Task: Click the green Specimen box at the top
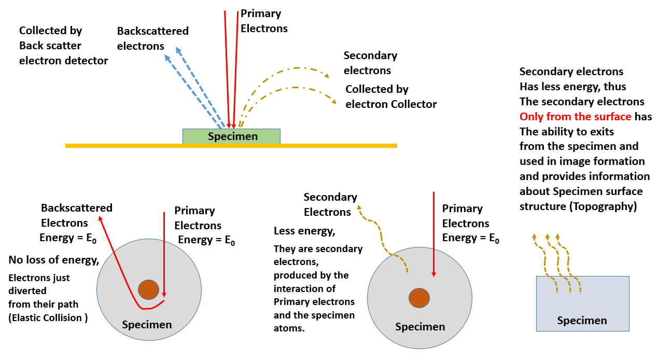click(x=231, y=136)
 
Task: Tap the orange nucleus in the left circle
click(x=148, y=289)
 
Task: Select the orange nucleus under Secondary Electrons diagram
click(x=419, y=298)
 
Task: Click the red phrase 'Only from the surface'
click(x=575, y=117)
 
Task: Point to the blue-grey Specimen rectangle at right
click(x=582, y=303)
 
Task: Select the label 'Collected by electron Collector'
click(x=390, y=97)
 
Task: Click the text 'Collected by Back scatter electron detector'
click(x=63, y=46)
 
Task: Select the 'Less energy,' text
click(x=304, y=230)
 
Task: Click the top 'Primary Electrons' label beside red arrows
click(x=263, y=21)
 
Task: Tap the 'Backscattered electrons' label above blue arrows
click(x=152, y=38)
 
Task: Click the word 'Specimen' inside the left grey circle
click(x=147, y=325)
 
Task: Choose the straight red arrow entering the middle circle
click(x=433, y=233)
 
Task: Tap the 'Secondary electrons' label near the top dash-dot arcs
click(x=370, y=63)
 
